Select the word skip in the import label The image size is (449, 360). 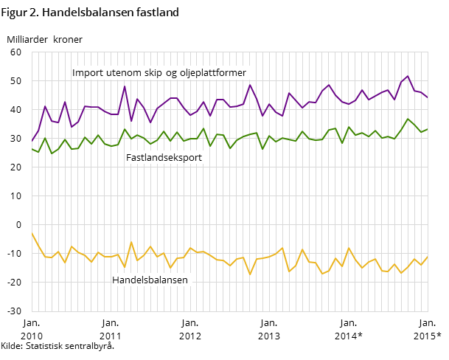pyautogui.click(x=151, y=73)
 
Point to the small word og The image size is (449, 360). pyautogui.click(x=170, y=73)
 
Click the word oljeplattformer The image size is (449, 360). pyautogui.click(x=212, y=73)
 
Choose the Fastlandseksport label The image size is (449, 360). pyautogui.click(x=164, y=158)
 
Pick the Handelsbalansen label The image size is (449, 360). pyautogui.click(x=150, y=280)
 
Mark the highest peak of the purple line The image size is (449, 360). pyautogui.click(x=408, y=76)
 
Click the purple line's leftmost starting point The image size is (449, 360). pyautogui.click(x=32, y=141)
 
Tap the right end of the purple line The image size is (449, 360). pyautogui.click(x=428, y=97)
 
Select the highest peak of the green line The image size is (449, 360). pyautogui.click(x=408, y=119)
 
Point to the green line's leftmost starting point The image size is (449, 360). pyautogui.click(x=32, y=148)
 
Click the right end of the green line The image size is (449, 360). pyautogui.click(x=428, y=129)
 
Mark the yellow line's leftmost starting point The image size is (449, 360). pyautogui.click(x=32, y=233)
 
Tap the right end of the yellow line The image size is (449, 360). pyautogui.click(x=428, y=257)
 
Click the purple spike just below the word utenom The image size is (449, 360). pyautogui.click(x=125, y=86)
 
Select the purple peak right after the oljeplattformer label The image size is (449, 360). pyautogui.click(x=250, y=85)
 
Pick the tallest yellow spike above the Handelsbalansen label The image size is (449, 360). pyautogui.click(x=131, y=242)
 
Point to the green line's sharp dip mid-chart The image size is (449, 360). pyautogui.click(x=262, y=149)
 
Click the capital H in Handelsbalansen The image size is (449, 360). pyautogui.click(x=115, y=280)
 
